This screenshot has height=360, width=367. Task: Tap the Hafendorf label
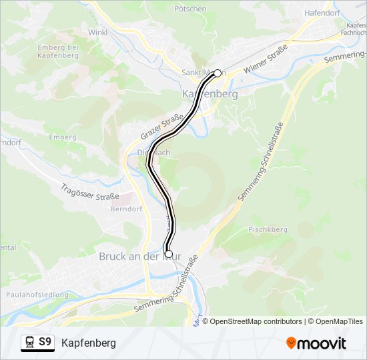[x=322, y=13]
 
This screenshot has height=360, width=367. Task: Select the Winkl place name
[x=98, y=31]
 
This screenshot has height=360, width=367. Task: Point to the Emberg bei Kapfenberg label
[x=58, y=51]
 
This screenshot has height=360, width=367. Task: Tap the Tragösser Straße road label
[x=89, y=193]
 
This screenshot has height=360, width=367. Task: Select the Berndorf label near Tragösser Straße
[x=123, y=208]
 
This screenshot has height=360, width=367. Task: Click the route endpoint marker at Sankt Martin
[x=217, y=73]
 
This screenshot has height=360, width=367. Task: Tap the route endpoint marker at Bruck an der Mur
[x=168, y=254]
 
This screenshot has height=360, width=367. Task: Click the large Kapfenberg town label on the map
[x=210, y=94]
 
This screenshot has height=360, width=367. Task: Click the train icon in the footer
[x=29, y=343]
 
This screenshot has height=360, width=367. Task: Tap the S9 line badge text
[x=45, y=342]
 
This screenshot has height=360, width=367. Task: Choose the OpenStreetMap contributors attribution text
[x=256, y=321]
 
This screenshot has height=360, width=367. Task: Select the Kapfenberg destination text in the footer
[x=89, y=343]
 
